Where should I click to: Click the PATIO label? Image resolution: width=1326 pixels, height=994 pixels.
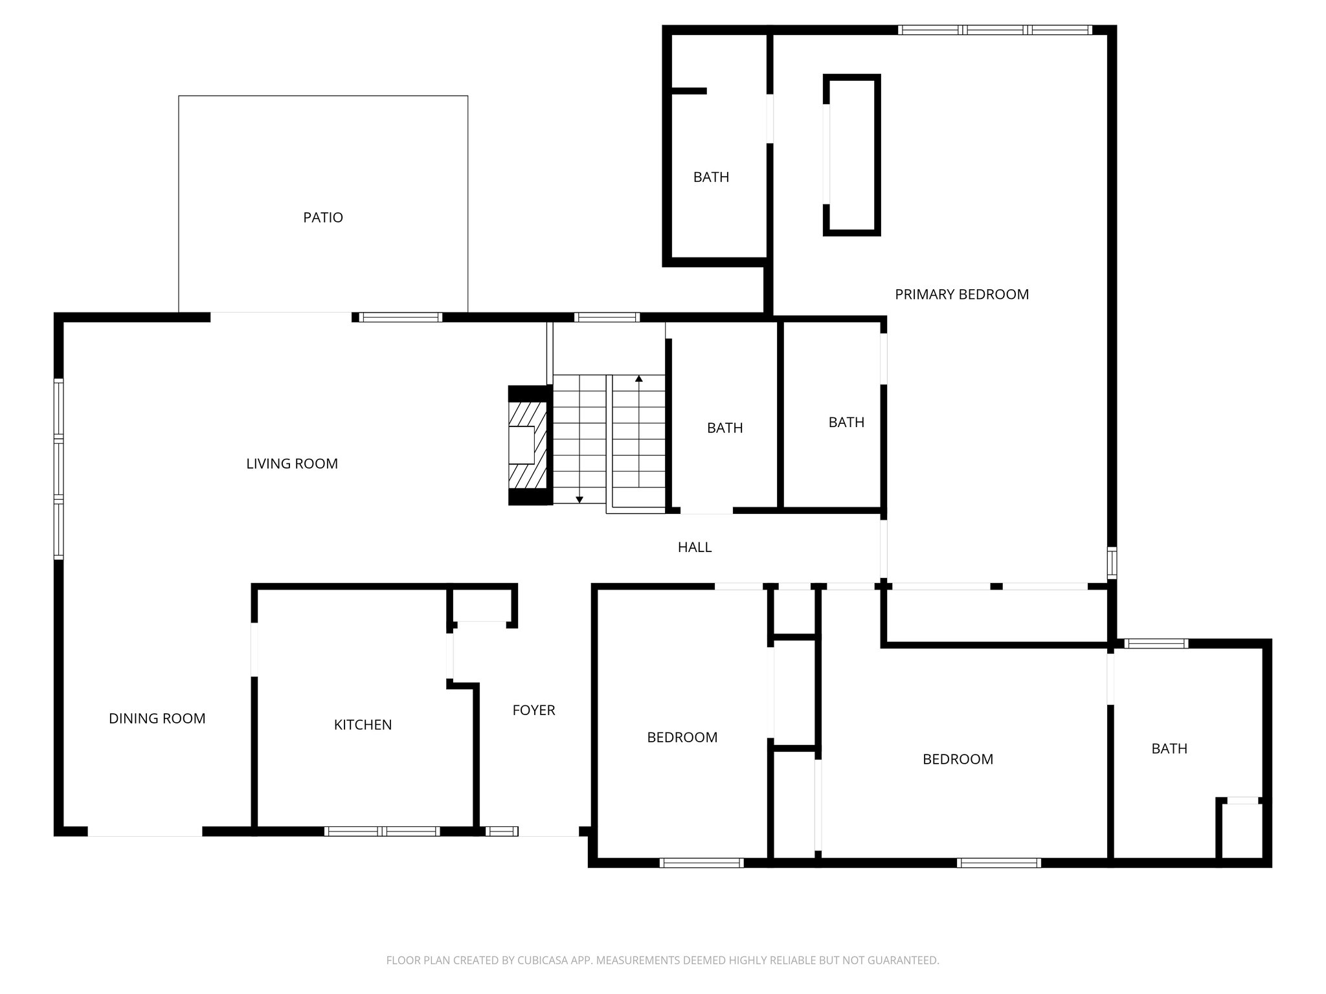(x=322, y=217)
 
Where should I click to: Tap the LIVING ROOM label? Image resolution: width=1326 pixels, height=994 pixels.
(x=291, y=463)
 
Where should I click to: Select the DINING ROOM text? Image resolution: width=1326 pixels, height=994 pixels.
(x=157, y=718)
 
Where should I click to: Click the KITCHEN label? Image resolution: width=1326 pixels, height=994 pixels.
(x=363, y=725)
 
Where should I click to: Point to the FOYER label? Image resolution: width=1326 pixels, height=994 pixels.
(x=534, y=710)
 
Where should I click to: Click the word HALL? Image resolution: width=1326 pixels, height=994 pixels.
(x=694, y=547)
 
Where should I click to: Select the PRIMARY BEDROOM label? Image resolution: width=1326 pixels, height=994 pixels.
(x=961, y=294)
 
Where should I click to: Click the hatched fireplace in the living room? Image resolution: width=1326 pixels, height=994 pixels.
(x=527, y=445)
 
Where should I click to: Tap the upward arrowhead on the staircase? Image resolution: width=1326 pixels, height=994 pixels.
(x=639, y=378)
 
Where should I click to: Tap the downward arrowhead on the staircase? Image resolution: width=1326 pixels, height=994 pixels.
(x=579, y=499)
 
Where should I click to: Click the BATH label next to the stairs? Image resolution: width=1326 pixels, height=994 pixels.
(x=725, y=428)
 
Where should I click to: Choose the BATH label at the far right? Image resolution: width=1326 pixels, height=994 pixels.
(x=1169, y=749)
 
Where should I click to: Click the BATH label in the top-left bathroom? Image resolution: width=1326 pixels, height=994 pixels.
(x=711, y=177)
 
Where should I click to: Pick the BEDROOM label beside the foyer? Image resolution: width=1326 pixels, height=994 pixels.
(x=682, y=737)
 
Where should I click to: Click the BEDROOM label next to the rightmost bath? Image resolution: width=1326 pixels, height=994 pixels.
(x=958, y=759)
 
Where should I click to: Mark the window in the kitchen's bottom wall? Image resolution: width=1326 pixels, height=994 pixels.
(x=382, y=832)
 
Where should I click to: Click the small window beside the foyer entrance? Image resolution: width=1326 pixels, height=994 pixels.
(x=502, y=832)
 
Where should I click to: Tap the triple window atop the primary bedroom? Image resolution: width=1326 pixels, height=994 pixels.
(x=994, y=30)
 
